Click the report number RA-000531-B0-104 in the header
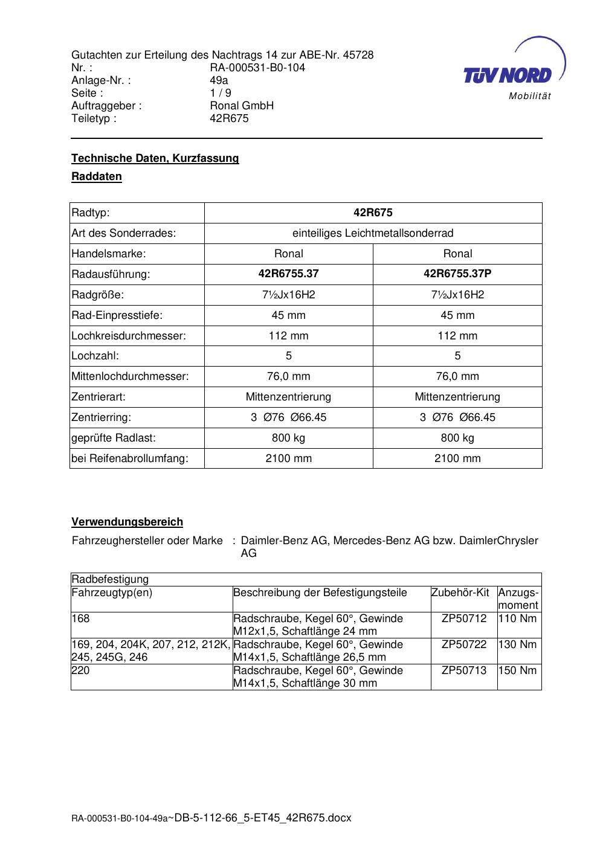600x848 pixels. [x=257, y=68]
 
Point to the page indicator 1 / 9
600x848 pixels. [x=221, y=93]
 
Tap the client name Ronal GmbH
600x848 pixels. [x=242, y=106]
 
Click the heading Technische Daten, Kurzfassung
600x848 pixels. [x=155, y=158]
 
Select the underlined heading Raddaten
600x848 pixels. [x=97, y=176]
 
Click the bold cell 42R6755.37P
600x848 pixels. [x=457, y=274]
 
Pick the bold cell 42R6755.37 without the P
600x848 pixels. [x=288, y=274]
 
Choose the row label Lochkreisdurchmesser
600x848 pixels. [x=129, y=336]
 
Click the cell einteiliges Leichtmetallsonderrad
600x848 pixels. [x=373, y=233]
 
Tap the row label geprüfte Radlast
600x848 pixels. [x=114, y=438]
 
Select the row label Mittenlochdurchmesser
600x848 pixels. [x=130, y=376]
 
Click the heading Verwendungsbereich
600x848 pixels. [x=127, y=522]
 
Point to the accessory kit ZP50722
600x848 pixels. [x=464, y=644]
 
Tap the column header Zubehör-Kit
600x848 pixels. [x=460, y=593]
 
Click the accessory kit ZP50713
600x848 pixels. [x=464, y=670]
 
